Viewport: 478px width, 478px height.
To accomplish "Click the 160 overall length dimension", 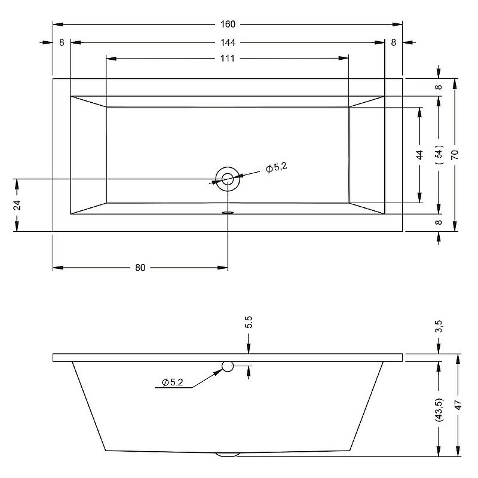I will click(228, 24).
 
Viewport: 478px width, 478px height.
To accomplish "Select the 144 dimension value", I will click(228, 42).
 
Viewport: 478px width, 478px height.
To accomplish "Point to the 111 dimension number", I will click(228, 58).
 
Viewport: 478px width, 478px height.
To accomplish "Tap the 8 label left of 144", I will click(62, 42).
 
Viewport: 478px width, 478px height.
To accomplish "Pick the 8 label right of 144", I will click(394, 42).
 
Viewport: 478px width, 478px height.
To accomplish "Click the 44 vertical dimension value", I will click(420, 154).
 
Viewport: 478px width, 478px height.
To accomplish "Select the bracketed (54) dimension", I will click(439, 154).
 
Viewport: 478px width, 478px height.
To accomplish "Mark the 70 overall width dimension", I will click(455, 154).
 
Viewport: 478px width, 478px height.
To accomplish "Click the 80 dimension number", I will click(140, 268).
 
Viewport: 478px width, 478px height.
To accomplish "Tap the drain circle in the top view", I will click(228, 178).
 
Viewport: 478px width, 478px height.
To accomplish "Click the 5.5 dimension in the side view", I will click(249, 323).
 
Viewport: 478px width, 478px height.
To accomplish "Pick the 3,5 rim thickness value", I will click(439, 327).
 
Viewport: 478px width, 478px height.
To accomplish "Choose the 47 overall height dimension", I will click(458, 405).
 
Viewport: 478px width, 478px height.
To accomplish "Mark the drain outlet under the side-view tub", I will click(226, 454).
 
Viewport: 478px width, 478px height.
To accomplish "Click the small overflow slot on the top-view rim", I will click(228, 212).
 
